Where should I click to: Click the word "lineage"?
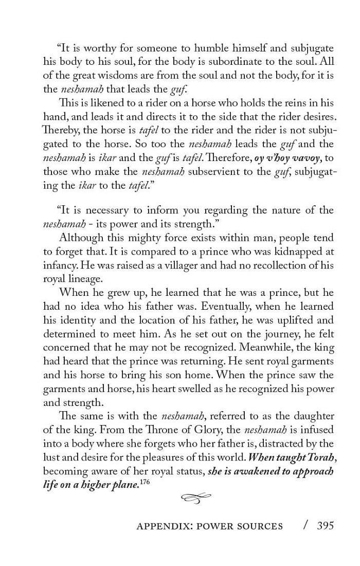88,278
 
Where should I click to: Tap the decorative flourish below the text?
196,497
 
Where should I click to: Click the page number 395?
325,525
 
